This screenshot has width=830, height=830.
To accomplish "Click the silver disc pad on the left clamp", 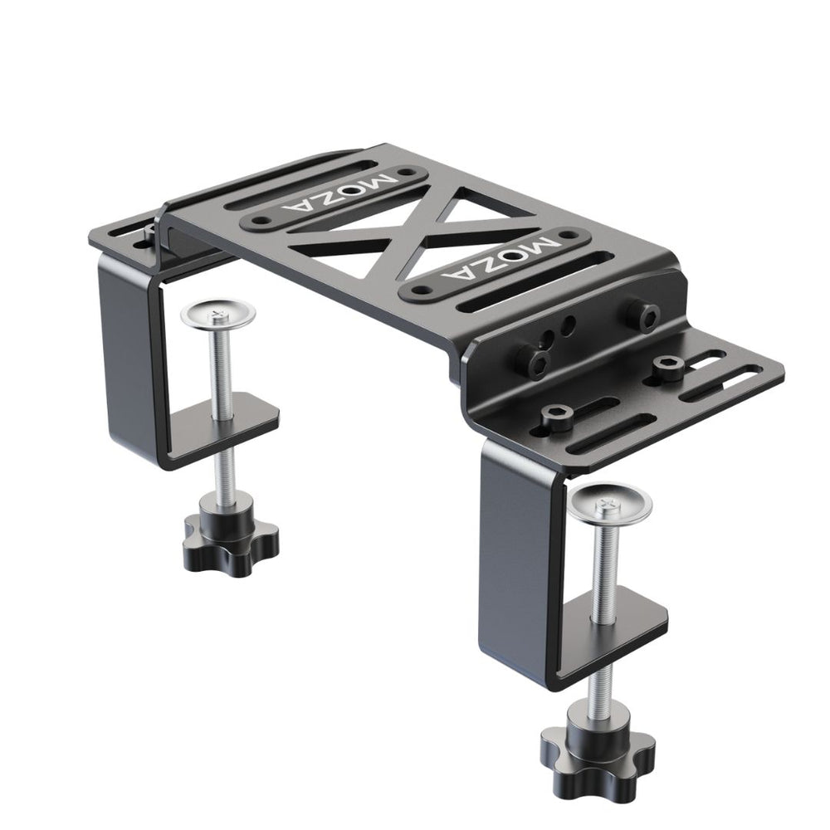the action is [217, 315].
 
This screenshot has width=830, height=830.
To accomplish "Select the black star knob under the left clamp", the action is [232, 544].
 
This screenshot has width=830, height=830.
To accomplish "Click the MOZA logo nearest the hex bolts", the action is [500, 258].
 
